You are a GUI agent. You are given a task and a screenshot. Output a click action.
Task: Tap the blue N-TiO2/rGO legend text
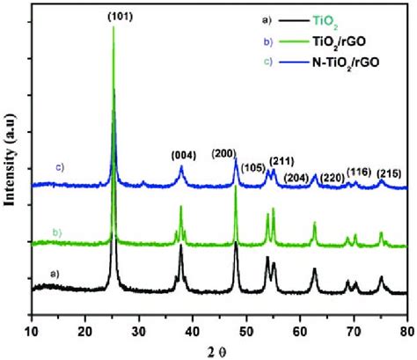(331, 63)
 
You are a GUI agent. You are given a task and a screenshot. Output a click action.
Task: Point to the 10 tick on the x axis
(32, 331)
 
